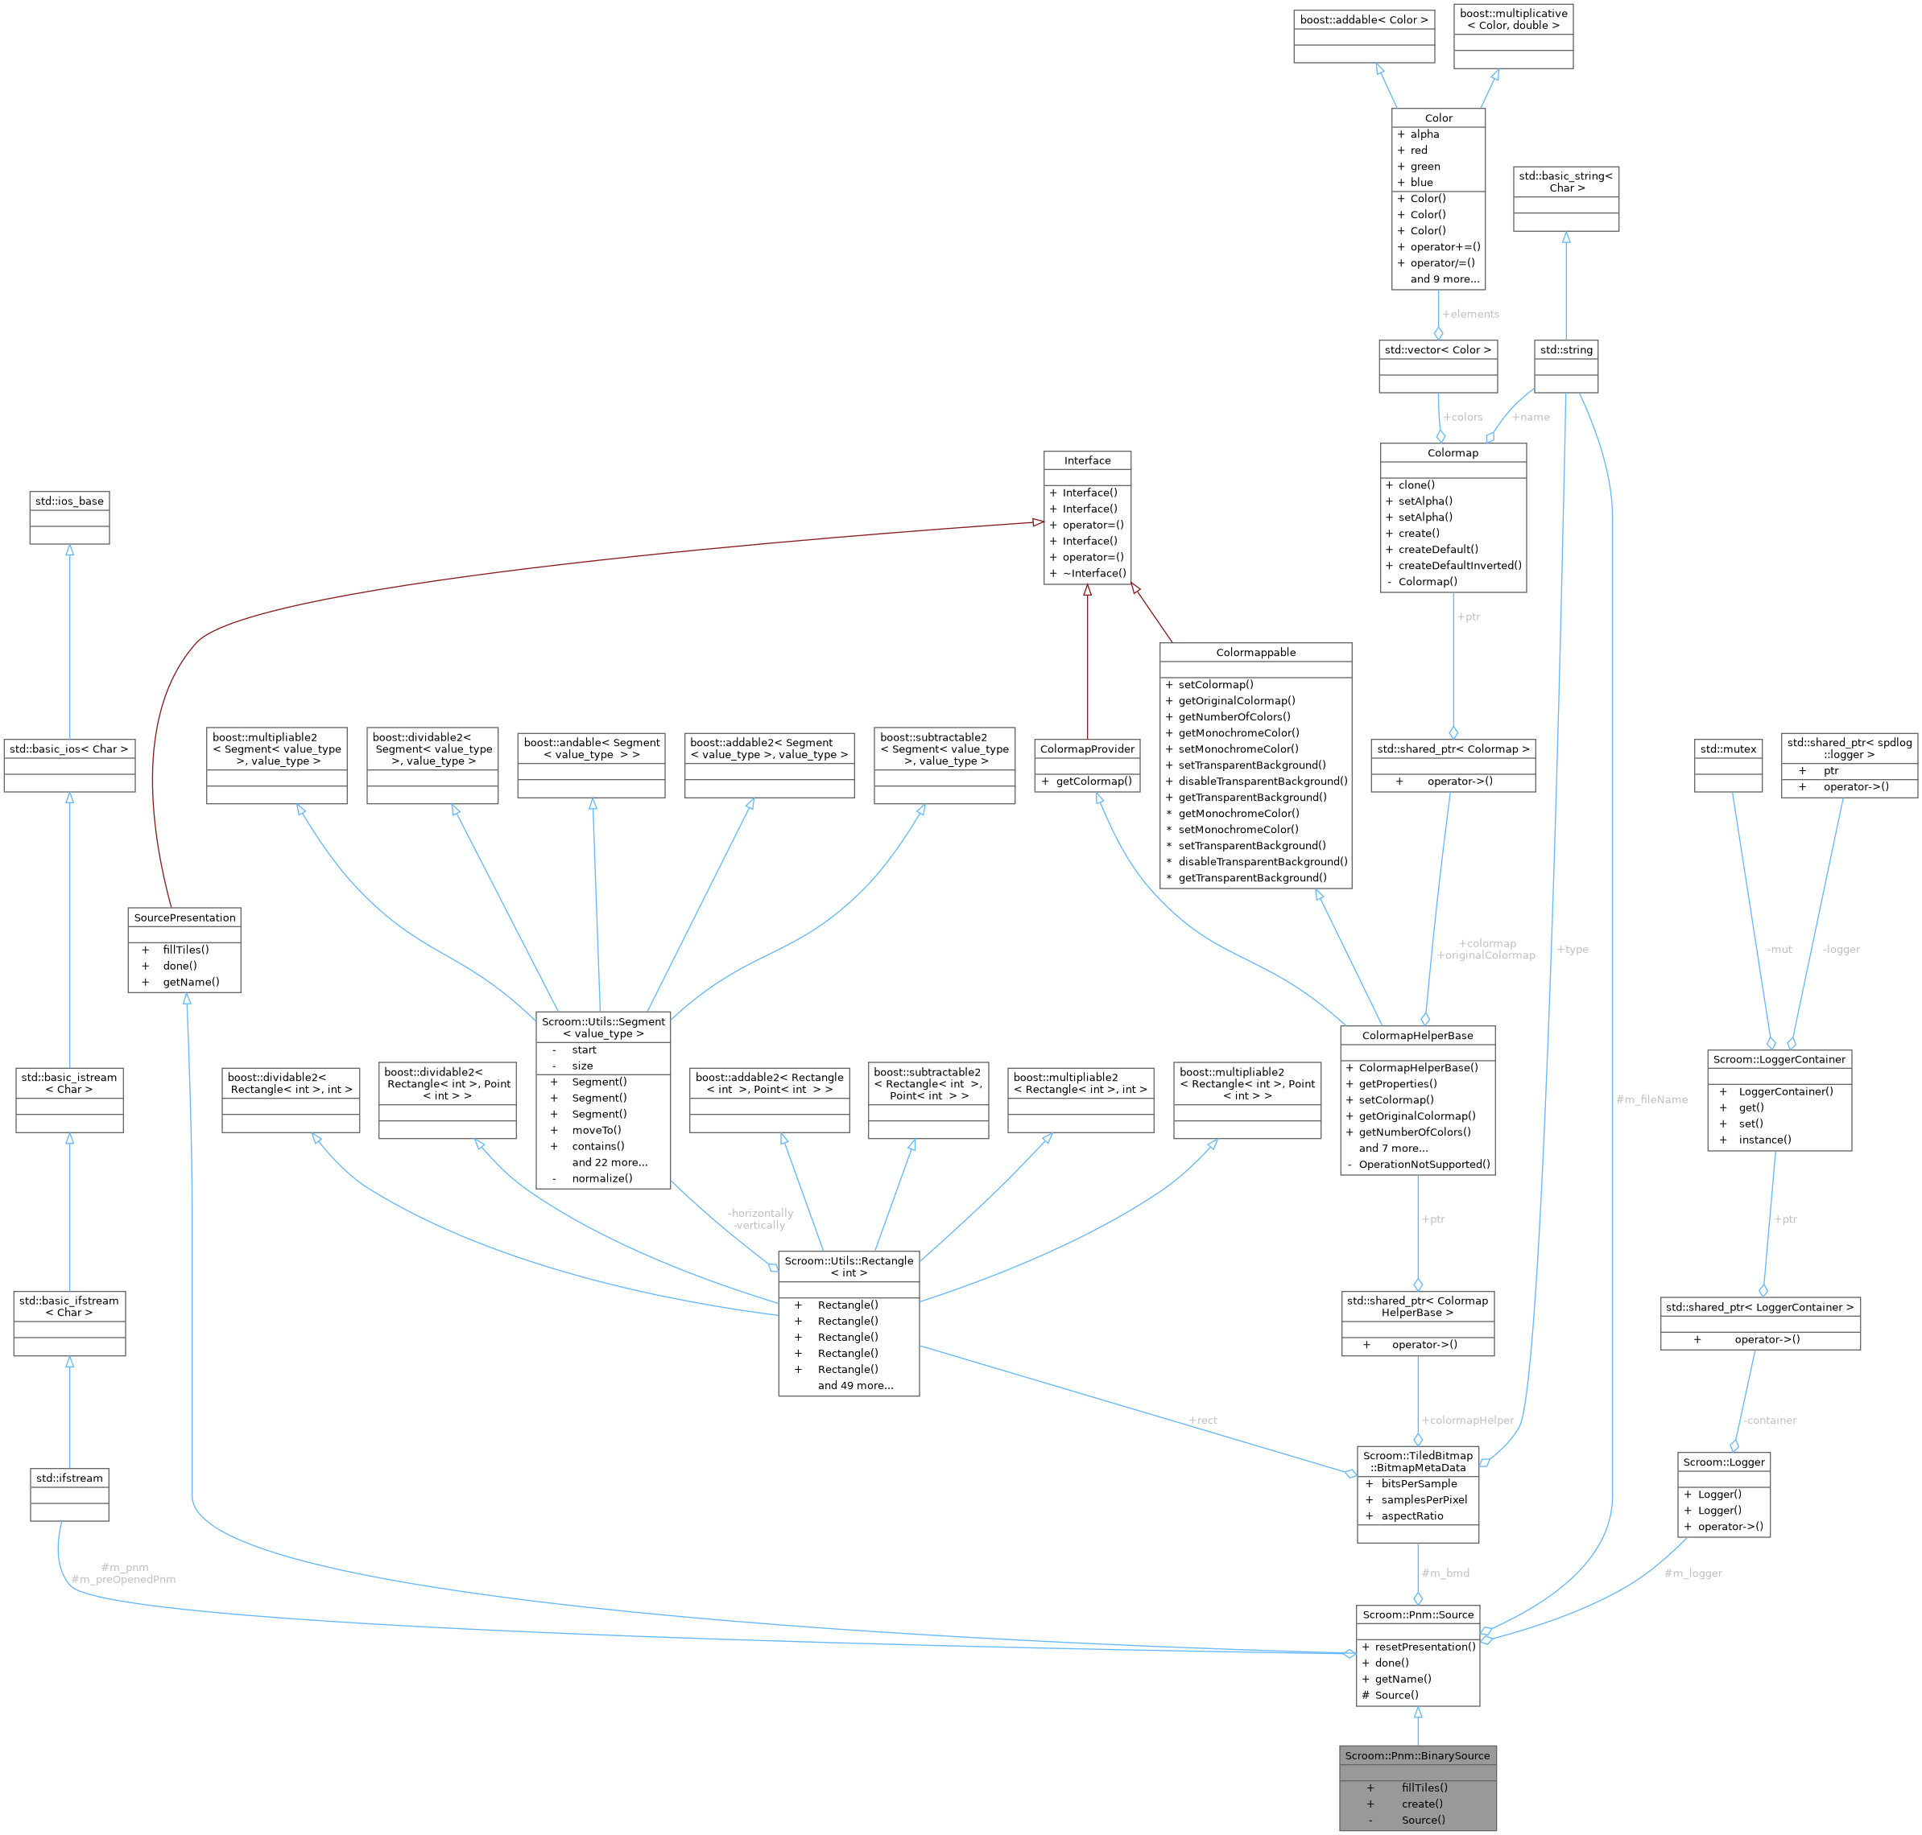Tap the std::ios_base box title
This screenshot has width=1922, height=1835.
pyautogui.click(x=69, y=501)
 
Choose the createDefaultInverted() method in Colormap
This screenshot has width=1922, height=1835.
pyautogui.click(x=1459, y=564)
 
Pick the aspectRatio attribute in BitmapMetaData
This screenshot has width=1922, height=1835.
pyautogui.click(x=1412, y=1515)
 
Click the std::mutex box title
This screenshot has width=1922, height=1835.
pyautogui.click(x=1728, y=748)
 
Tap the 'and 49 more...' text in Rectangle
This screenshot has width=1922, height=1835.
pyautogui.click(x=855, y=1385)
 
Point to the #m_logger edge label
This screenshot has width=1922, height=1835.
pyautogui.click(x=1693, y=1573)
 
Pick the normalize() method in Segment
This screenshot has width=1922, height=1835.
pyautogui.click(x=601, y=1177)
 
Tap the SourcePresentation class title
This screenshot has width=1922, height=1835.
pyautogui.click(x=185, y=917)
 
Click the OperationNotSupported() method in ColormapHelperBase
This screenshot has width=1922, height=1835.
pyautogui.click(x=1424, y=1164)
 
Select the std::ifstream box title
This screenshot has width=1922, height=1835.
pyautogui.click(x=69, y=1478)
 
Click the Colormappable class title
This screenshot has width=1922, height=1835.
pyautogui.click(x=1255, y=653)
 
